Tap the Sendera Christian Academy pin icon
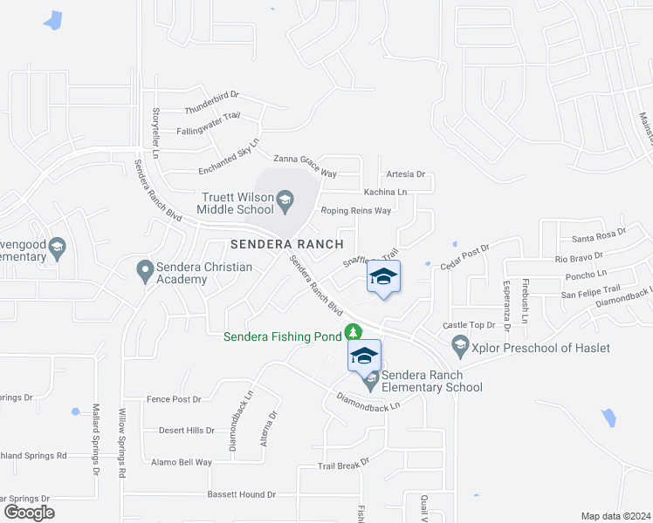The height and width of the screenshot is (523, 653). pos(146,273)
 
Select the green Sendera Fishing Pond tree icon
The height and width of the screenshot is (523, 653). pos(353,332)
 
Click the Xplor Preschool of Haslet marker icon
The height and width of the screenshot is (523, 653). pos(460,348)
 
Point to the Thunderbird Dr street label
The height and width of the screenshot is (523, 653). pos(211,101)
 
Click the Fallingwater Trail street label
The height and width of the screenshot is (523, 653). pos(208,123)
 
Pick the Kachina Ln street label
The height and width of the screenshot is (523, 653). pos(385,192)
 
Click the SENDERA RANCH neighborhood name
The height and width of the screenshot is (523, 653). pos(287,243)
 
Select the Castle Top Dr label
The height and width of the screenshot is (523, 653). pos(469,325)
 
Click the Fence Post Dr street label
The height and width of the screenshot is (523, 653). pos(174,399)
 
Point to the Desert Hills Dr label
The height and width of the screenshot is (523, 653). pos(186,430)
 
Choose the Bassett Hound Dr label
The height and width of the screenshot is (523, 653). pos(241,494)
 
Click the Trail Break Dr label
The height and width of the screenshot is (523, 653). pos(343,465)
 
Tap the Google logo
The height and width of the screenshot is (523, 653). pos(29,513)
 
